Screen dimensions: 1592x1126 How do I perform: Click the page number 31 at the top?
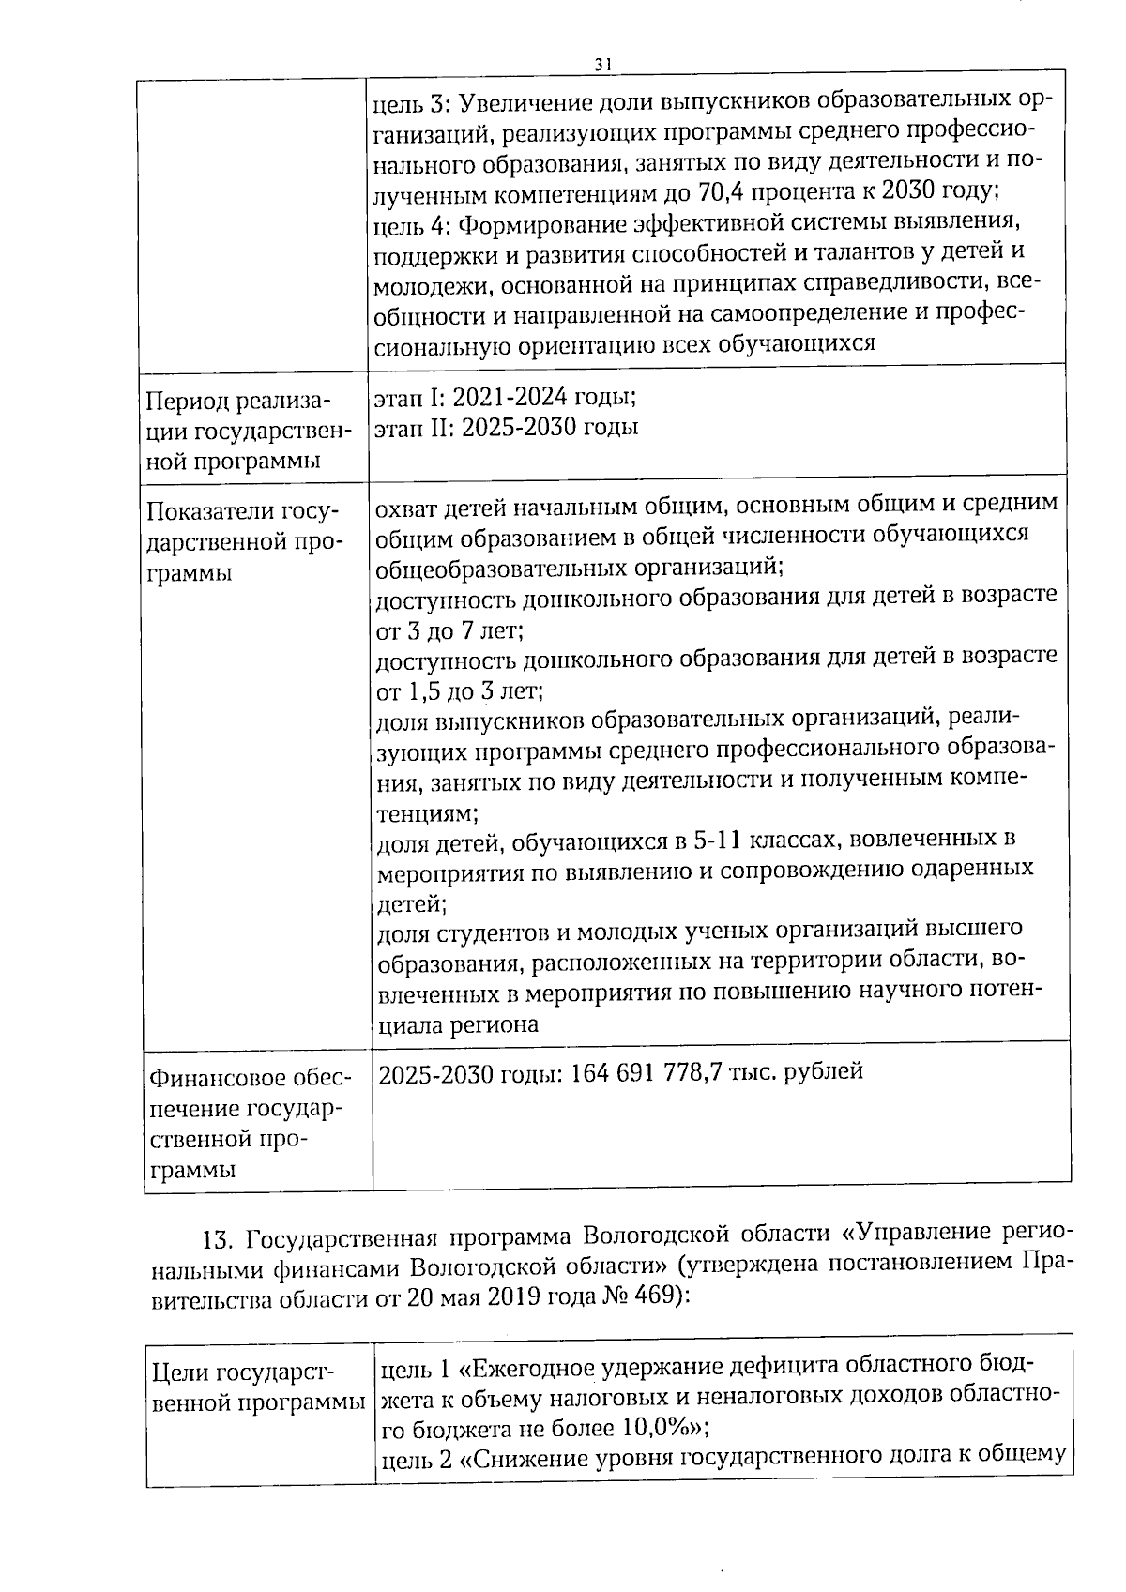602,63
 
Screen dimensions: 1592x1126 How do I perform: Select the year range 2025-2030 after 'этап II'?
519,428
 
